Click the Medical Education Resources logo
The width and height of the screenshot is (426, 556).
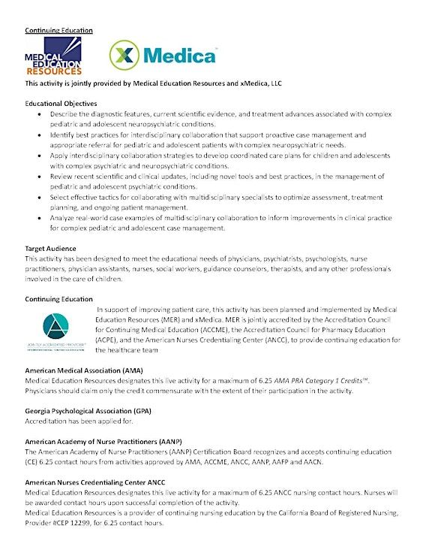point(53,56)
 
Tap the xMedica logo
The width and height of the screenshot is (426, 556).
point(162,55)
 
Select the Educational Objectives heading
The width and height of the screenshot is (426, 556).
point(70,102)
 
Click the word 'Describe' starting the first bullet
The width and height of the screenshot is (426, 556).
point(64,113)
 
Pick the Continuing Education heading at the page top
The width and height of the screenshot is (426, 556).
point(58,30)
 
